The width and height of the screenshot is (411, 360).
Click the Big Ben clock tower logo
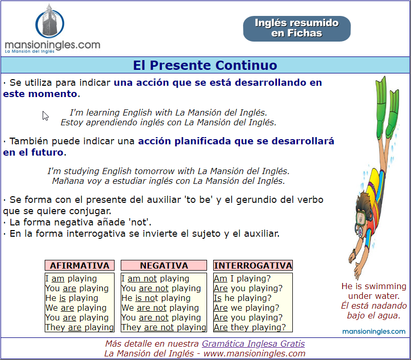[x=50, y=21]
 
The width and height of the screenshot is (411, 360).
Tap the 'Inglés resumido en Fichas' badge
[x=297, y=29]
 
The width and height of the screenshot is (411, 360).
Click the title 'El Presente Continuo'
[x=205, y=65]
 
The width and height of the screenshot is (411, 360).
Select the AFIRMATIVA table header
[x=80, y=266]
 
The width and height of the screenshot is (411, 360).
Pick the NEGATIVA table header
[x=164, y=266]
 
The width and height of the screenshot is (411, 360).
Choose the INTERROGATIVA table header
[x=253, y=266]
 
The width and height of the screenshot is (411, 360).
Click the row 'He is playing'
[x=72, y=298]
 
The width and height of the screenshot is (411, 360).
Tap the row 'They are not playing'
[x=164, y=328]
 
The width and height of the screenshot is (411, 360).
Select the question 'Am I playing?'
[x=242, y=278]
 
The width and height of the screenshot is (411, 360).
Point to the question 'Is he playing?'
[x=242, y=298]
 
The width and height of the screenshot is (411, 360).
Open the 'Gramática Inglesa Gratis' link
[x=253, y=344]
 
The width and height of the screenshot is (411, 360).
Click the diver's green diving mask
[x=361, y=218]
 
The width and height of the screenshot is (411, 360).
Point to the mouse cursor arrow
[x=45, y=116]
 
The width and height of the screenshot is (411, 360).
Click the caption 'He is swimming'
[x=374, y=286]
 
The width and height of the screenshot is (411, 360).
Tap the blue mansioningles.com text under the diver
[x=374, y=331]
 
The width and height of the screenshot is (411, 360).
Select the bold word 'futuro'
[x=47, y=152]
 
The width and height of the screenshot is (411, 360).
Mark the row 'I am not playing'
[x=155, y=278]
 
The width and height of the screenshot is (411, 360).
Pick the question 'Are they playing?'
[x=250, y=328]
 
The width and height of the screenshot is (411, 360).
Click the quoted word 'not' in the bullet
[x=140, y=222]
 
